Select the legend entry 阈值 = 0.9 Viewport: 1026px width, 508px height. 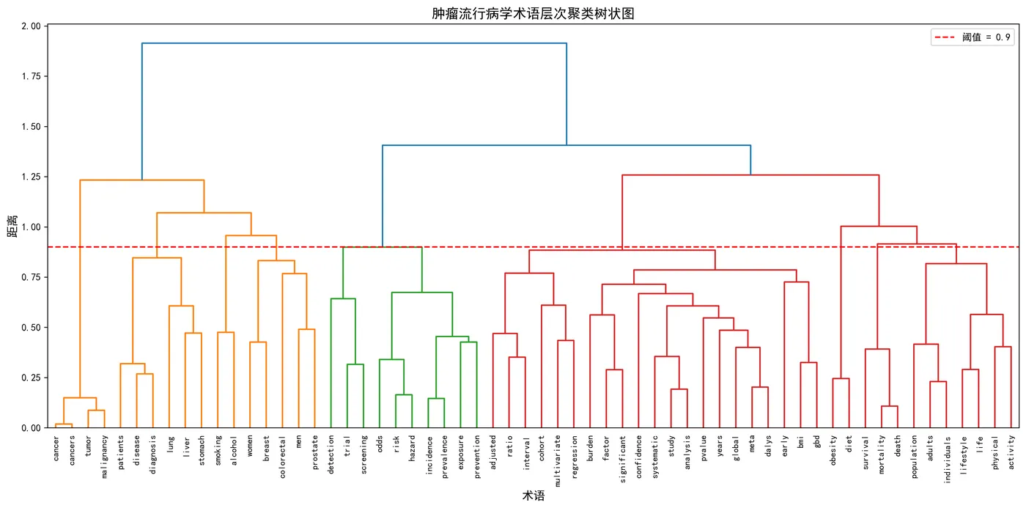(x=986, y=37)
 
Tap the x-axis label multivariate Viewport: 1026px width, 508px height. (x=557, y=459)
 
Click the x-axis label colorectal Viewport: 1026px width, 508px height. (x=282, y=454)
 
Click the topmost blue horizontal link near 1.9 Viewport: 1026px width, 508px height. (x=354, y=43)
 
